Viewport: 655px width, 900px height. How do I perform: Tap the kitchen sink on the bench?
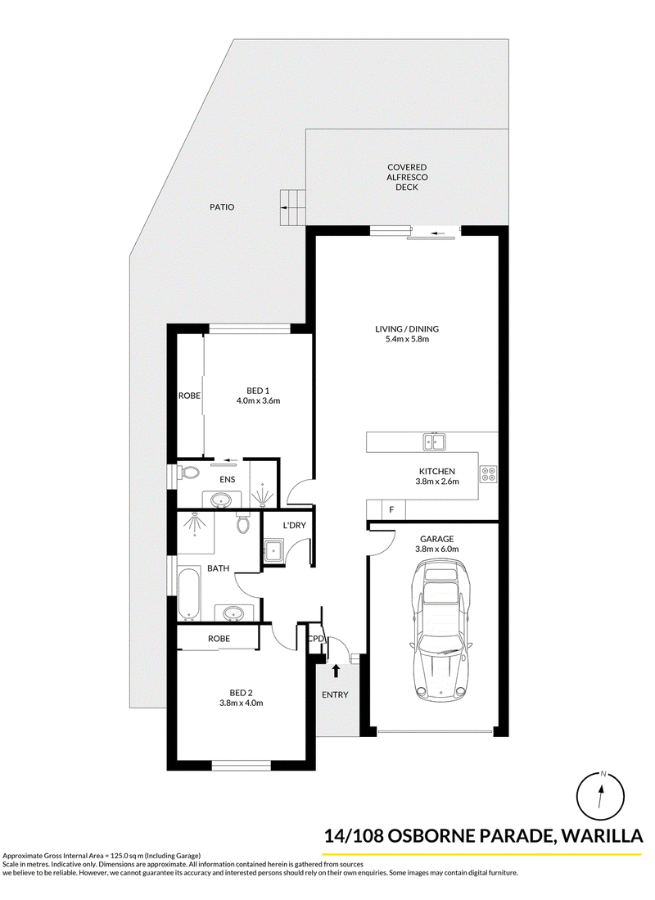point(435,441)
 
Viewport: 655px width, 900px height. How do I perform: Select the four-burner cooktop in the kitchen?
point(489,474)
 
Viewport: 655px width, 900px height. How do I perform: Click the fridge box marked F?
point(391,509)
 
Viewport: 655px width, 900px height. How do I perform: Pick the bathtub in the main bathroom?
point(188,595)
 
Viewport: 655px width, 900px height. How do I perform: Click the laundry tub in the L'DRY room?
point(273,550)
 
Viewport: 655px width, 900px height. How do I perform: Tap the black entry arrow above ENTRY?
point(336,671)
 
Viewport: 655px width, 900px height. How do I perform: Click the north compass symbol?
point(600,795)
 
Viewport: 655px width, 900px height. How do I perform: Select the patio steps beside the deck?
point(293,206)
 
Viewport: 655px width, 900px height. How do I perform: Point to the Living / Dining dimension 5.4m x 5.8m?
point(407,339)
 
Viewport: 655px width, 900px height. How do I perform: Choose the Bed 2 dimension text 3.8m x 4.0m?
point(241,703)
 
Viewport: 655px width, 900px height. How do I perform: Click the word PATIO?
point(222,207)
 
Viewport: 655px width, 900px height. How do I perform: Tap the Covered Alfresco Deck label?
point(407,178)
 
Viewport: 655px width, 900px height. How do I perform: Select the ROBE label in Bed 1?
point(189,396)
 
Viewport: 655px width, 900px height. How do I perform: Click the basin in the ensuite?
point(220,500)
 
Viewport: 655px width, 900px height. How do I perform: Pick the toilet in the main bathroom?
point(243,522)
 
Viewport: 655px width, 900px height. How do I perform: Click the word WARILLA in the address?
point(602,836)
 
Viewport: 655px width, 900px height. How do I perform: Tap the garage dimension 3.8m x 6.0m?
point(437,549)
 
